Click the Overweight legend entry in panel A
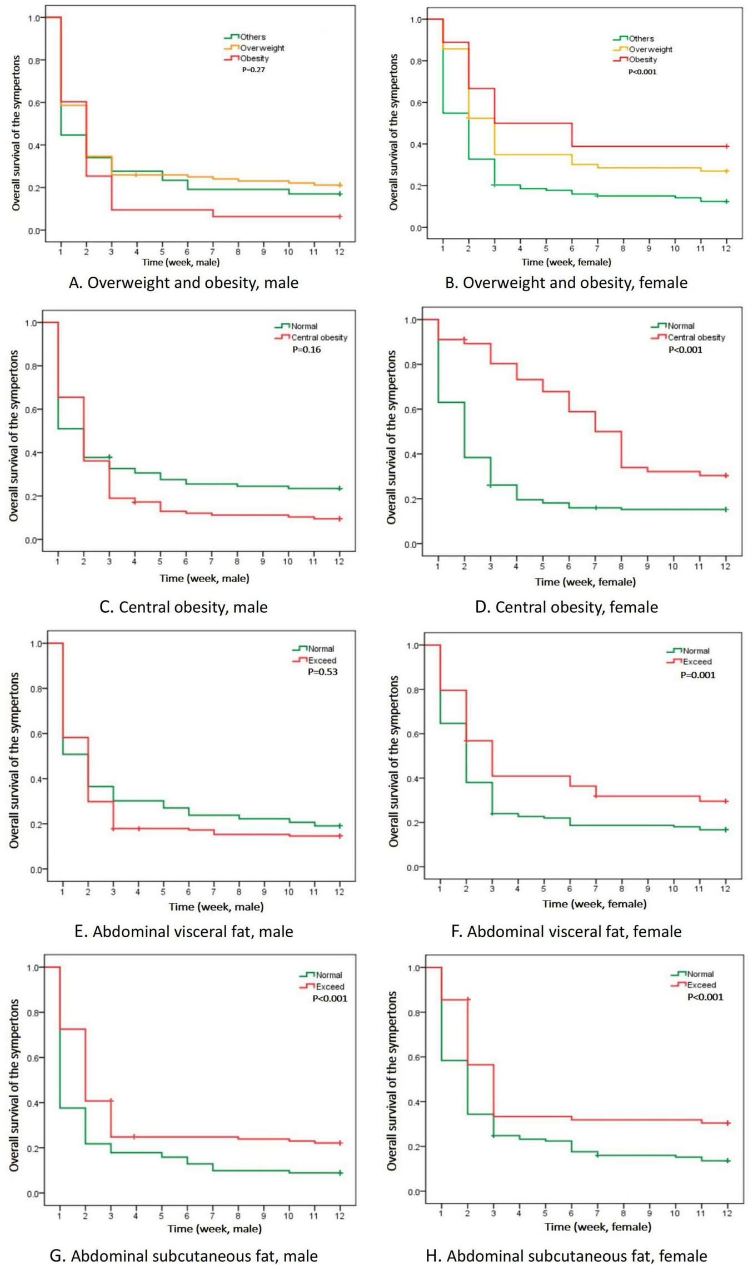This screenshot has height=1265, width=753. [x=262, y=48]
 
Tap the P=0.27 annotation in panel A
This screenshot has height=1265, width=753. [x=253, y=70]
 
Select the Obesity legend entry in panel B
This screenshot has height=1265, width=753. [x=642, y=59]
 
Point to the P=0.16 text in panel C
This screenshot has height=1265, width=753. [x=307, y=349]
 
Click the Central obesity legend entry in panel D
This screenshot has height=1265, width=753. [x=696, y=337]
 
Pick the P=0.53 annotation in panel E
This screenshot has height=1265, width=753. [x=323, y=672]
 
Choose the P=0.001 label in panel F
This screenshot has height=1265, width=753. [x=698, y=675]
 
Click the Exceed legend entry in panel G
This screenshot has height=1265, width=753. [x=330, y=987]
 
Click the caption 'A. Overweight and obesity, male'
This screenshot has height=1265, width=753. [x=183, y=283]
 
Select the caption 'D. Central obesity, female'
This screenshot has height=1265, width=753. [x=566, y=607]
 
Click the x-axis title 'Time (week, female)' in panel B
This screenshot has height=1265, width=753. [x=566, y=262]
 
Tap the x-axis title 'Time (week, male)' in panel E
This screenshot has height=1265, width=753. [x=216, y=907]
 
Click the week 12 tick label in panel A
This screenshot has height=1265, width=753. [x=340, y=252]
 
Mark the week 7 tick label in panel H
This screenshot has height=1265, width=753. [x=597, y=1213]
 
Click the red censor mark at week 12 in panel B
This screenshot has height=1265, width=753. [x=726, y=146]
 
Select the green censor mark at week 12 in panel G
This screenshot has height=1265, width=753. [x=341, y=1173]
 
